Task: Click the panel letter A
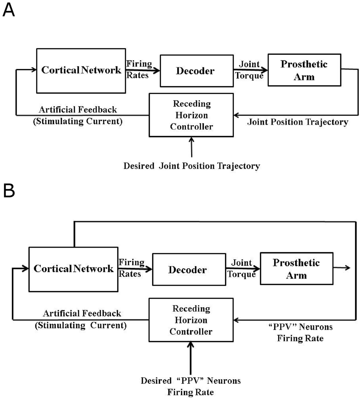tap(9, 11)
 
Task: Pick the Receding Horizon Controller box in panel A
tap(191, 115)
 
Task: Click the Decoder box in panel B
tap(187, 270)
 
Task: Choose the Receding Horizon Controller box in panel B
tap(191, 320)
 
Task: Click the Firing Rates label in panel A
tap(139, 70)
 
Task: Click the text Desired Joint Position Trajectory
tap(192, 166)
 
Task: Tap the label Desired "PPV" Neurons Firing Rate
tap(191, 386)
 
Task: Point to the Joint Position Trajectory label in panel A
tap(298, 122)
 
